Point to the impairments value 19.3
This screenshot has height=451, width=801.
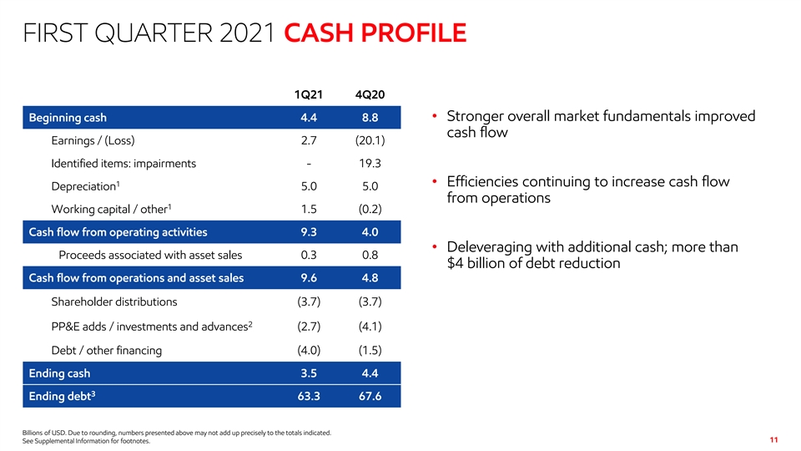point(371,163)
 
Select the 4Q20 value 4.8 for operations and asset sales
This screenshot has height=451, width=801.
point(371,278)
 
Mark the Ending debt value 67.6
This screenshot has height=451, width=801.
point(371,397)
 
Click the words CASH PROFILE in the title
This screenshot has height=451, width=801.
point(375,35)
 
